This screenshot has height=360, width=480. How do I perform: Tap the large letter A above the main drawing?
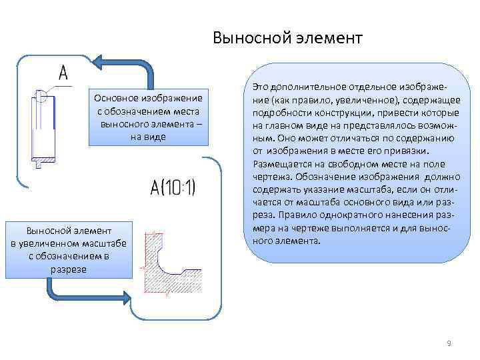pos(63,72)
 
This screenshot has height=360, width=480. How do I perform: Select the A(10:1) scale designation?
pos(173,188)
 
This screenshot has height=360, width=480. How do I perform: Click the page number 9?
pos(449,343)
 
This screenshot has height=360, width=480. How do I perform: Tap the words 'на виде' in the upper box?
pos(149,136)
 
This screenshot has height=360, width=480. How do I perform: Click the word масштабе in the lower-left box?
pos(103,244)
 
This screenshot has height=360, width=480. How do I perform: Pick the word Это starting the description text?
pos(262,87)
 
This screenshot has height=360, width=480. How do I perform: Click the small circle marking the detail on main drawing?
pos(41,97)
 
